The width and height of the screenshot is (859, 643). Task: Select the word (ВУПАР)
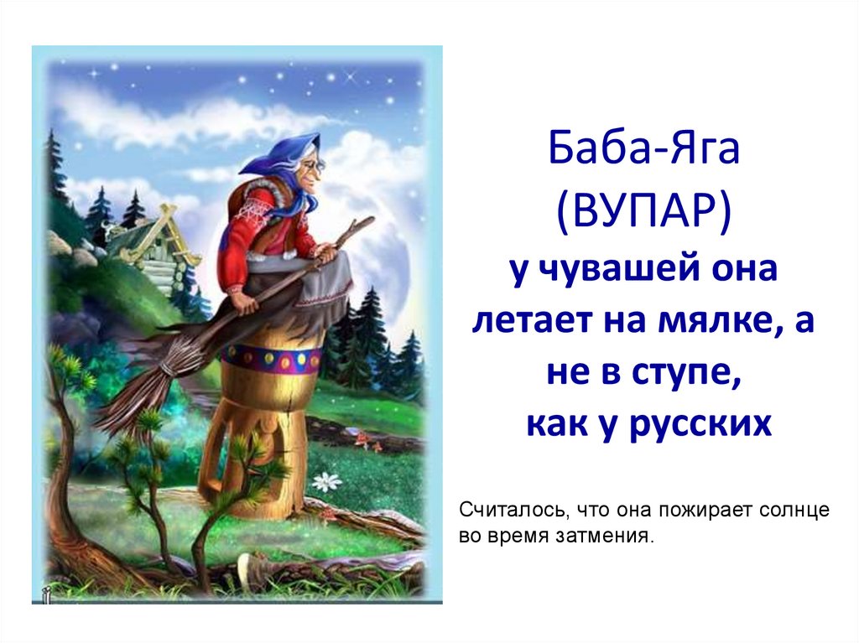tap(643, 215)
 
